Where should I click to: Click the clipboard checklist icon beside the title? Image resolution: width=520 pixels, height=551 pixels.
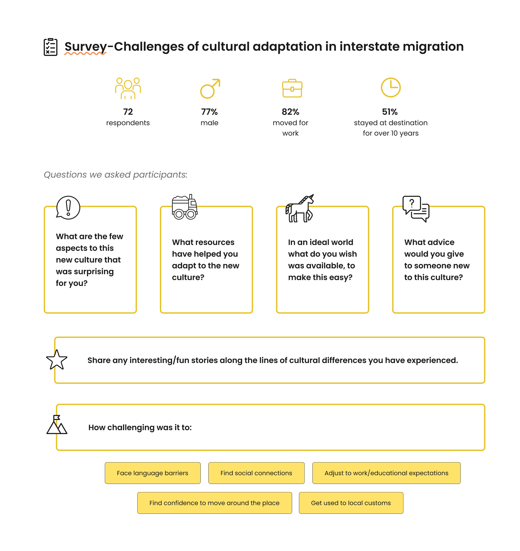pyautogui.click(x=51, y=47)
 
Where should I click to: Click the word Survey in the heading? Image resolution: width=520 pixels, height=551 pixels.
pyautogui.click(x=85, y=47)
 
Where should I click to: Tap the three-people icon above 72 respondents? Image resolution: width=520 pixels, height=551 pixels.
pyautogui.click(x=128, y=88)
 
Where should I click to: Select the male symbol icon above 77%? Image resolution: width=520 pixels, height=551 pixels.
pyautogui.click(x=210, y=89)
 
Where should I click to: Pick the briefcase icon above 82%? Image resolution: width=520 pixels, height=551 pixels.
pyautogui.click(x=292, y=89)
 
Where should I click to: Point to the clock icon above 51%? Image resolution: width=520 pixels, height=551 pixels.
pyautogui.click(x=391, y=88)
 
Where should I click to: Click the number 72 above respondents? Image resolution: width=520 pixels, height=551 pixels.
pyautogui.click(x=128, y=112)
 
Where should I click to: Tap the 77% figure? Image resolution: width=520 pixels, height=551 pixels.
pyautogui.click(x=209, y=112)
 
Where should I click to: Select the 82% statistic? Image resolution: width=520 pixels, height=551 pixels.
pyautogui.click(x=290, y=112)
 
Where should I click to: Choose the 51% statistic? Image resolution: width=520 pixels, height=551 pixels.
pyautogui.click(x=390, y=112)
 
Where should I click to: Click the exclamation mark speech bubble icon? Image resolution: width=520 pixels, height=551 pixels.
pyautogui.click(x=68, y=208)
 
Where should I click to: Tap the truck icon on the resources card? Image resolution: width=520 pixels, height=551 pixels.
pyautogui.click(x=184, y=207)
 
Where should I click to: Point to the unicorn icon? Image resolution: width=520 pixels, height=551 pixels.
pyautogui.click(x=300, y=209)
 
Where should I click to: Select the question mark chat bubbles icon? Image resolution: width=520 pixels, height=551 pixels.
pyautogui.click(x=416, y=209)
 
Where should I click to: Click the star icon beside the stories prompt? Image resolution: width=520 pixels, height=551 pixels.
pyautogui.click(x=57, y=360)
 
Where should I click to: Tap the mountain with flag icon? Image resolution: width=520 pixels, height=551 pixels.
pyautogui.click(x=57, y=425)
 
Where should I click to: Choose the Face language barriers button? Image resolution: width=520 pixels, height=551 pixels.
pyautogui.click(x=153, y=473)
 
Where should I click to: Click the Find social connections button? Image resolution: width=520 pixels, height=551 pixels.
pyautogui.click(x=256, y=473)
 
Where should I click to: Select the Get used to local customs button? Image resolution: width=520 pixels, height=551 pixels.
pyautogui.click(x=351, y=503)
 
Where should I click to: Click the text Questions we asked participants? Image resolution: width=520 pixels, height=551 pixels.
pyautogui.click(x=116, y=175)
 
